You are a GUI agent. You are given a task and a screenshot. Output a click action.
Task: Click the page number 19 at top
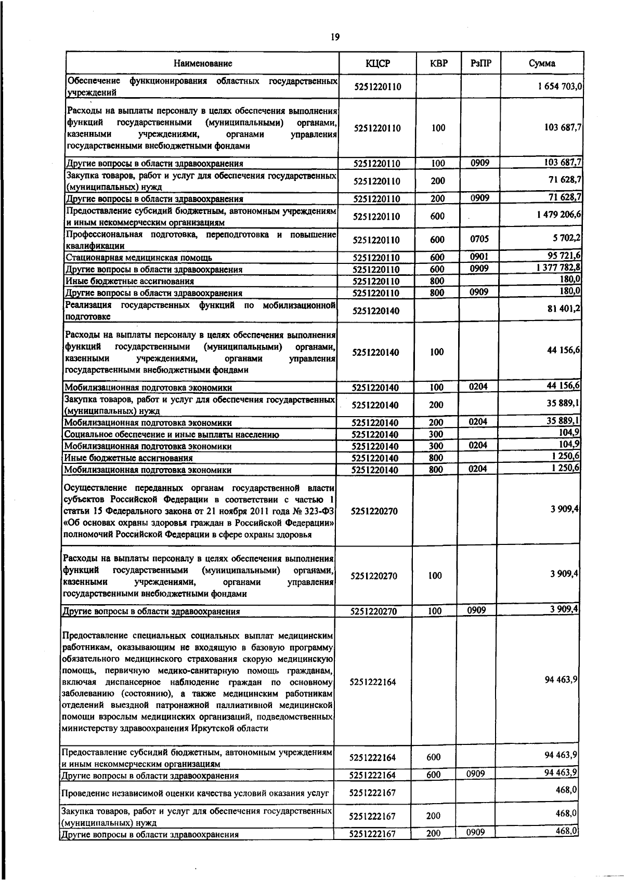click(335, 37)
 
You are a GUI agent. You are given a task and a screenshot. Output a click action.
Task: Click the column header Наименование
click(203, 64)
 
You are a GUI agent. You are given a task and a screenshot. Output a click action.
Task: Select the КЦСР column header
click(377, 64)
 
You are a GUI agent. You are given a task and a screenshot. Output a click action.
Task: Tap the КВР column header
click(438, 64)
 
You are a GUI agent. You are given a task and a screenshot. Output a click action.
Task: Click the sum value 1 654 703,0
click(560, 87)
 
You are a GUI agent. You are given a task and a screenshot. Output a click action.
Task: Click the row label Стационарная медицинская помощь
click(138, 258)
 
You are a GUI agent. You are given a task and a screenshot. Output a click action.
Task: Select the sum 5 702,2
click(568, 239)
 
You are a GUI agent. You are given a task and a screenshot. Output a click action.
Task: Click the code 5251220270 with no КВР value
click(374, 511)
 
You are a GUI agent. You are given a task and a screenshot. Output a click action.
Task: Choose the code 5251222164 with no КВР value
click(373, 682)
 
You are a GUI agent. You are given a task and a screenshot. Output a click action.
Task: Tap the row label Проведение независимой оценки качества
click(195, 794)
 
